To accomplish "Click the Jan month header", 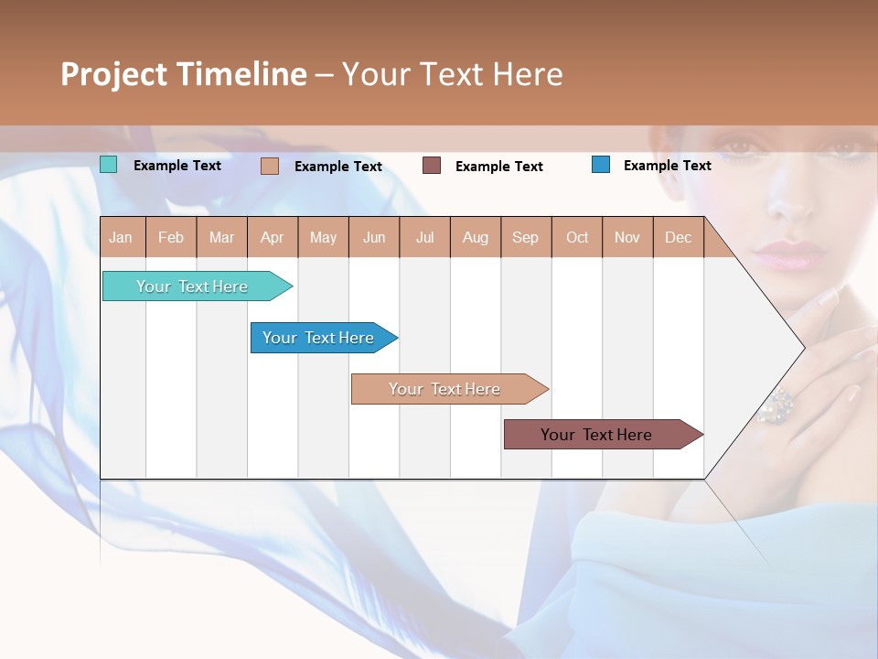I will tap(121, 237).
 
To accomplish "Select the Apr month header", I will tap(272, 237).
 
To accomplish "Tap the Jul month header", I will tap(424, 237).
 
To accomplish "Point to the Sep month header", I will tap(525, 237).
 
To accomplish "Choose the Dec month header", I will tap(678, 237).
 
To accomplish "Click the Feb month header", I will tap(171, 237).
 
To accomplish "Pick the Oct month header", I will tap(577, 237).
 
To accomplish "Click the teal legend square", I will tap(109, 165).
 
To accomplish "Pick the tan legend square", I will tap(270, 166).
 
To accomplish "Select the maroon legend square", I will tap(432, 166).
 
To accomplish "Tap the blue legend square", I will tap(601, 165).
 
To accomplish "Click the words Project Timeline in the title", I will tap(184, 74).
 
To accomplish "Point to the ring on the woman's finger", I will tap(777, 405).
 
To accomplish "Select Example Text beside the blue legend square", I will tap(667, 166).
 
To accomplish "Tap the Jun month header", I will tap(374, 237).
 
